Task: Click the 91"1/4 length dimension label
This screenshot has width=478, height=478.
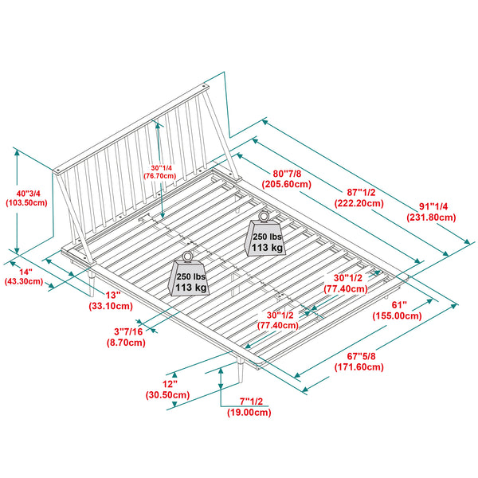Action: pos(433,206)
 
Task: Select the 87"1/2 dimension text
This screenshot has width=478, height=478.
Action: pos(361,192)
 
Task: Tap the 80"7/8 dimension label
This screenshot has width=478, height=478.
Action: pos(287,174)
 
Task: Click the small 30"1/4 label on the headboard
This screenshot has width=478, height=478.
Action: pos(161,167)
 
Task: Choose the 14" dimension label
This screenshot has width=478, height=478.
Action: pos(25,272)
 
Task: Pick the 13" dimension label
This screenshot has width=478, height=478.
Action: pos(113,295)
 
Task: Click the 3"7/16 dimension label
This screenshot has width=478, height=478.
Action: pos(128,331)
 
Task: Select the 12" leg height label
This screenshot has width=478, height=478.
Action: pos(170,384)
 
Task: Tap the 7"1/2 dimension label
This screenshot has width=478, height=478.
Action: pos(251,402)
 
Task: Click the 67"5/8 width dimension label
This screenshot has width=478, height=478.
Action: pos(361,356)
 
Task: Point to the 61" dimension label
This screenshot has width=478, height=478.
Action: pos(399,305)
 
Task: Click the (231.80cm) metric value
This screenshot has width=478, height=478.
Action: pos(431,217)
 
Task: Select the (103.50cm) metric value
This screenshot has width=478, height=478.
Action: pos(27,202)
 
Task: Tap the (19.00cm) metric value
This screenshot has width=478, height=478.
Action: pos(249,412)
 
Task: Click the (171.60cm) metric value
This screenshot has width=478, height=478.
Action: pos(359,366)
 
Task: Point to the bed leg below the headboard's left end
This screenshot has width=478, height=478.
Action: pos(91,282)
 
